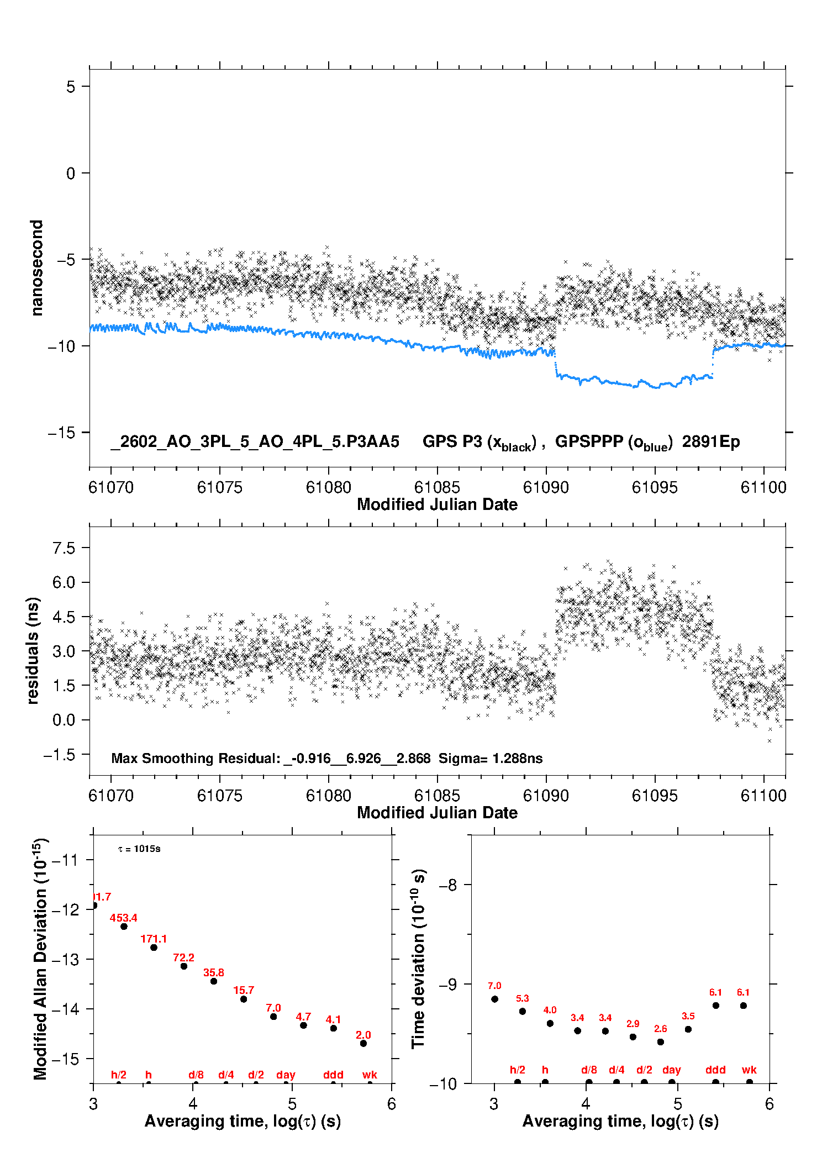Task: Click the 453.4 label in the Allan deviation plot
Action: (123, 918)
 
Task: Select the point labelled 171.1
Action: (154, 948)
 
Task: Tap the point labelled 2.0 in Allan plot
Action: (363, 1044)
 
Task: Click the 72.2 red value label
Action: (183, 957)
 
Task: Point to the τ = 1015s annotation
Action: (139, 849)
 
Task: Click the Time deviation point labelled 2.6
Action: (660, 1042)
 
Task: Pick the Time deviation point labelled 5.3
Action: (522, 1011)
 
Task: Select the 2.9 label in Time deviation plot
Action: (633, 1024)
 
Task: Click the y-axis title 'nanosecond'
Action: (36, 268)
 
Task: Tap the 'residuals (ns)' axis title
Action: (33, 650)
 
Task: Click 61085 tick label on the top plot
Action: (436, 487)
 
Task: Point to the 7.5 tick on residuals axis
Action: (64, 548)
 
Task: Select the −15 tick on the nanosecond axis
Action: (61, 433)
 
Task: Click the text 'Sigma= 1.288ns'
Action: (491, 758)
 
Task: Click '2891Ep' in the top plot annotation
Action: (710, 441)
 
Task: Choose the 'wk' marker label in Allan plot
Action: (370, 1075)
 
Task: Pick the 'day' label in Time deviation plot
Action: (671, 1070)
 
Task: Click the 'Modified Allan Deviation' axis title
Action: (40, 959)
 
